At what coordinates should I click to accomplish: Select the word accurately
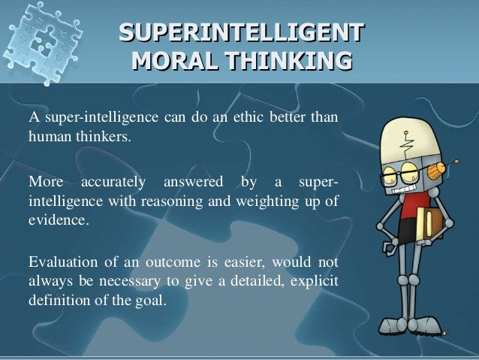tap(113, 181)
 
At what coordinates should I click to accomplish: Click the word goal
tap(155, 301)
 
